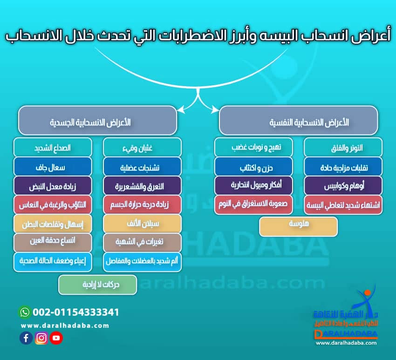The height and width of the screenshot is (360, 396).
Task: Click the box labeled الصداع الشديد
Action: click(x=53, y=148)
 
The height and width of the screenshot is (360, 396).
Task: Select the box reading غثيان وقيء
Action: click(x=142, y=148)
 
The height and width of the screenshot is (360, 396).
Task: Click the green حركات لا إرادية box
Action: click(x=97, y=285)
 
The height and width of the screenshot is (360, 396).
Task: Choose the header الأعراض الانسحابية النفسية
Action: click(x=298, y=121)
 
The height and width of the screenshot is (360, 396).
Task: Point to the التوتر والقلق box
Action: click(x=343, y=148)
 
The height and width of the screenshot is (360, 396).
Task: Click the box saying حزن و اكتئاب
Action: click(x=253, y=166)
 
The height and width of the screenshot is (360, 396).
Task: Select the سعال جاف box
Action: click(x=53, y=166)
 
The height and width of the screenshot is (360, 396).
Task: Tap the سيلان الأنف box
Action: click(x=142, y=224)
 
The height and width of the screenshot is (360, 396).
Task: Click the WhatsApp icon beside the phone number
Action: click(x=25, y=312)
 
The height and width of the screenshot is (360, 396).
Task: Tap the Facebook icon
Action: click(x=26, y=338)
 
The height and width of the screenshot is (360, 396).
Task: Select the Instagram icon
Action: click(x=41, y=338)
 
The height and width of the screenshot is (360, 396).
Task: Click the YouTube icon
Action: click(x=56, y=338)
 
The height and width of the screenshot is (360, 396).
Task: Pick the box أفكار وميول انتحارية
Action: click(x=253, y=185)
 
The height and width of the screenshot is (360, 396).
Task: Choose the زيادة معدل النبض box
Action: click(x=53, y=185)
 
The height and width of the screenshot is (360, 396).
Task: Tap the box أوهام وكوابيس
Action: click(x=343, y=185)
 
